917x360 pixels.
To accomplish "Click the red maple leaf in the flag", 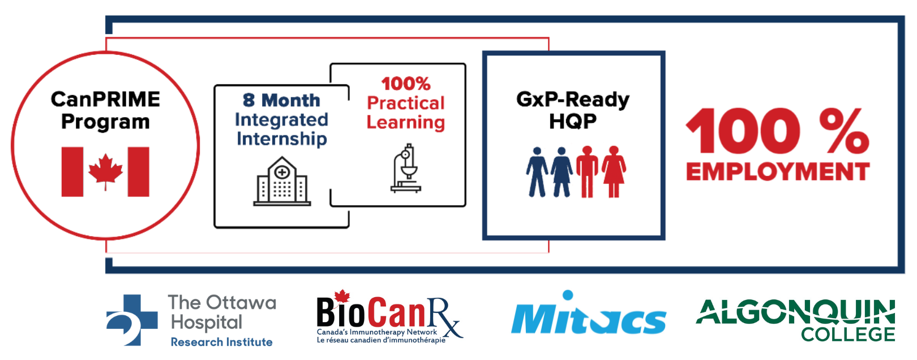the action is pyautogui.click(x=105, y=171).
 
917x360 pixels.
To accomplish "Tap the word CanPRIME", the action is pyautogui.click(x=105, y=100).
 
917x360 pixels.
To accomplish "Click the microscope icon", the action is pyautogui.click(x=406, y=168).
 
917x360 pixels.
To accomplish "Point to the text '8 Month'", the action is pyautogui.click(x=281, y=100).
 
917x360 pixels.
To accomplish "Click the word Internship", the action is pyautogui.click(x=282, y=139).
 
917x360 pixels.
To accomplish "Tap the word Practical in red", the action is pyautogui.click(x=406, y=103).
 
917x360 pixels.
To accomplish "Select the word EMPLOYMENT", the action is pyautogui.click(x=778, y=172).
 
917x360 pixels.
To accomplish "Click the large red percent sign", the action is pyautogui.click(x=844, y=131).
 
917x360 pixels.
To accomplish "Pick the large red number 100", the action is pyautogui.click(x=743, y=131).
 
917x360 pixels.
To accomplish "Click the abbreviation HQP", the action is pyautogui.click(x=573, y=121).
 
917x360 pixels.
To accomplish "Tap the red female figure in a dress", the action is pyautogui.click(x=613, y=172).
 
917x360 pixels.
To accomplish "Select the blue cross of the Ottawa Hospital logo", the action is pyautogui.click(x=132, y=320).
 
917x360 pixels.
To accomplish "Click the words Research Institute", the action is pyautogui.click(x=221, y=342).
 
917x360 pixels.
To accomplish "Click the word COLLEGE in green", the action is pyautogui.click(x=848, y=335).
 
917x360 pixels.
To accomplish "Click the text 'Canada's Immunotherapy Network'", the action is pyautogui.click(x=377, y=332).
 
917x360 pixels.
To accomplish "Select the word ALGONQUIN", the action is pyautogui.click(x=795, y=312).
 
